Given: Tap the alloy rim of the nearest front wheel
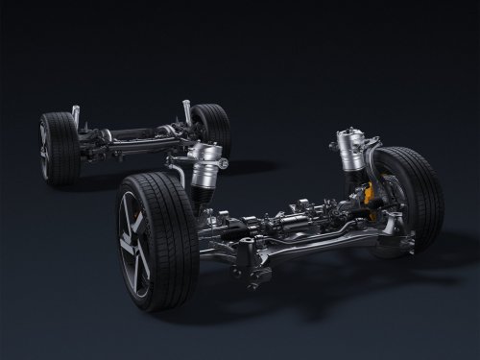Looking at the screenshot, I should [134, 246].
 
